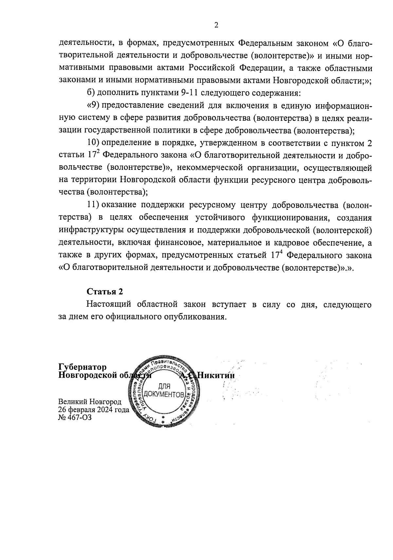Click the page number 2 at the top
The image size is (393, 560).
coord(216,25)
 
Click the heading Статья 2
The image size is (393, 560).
coord(105,291)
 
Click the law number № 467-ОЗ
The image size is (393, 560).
coord(75,417)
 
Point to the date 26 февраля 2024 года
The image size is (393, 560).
coord(94,410)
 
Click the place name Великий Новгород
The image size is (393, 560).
coord(90,402)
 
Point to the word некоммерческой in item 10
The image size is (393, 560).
coord(209,168)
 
